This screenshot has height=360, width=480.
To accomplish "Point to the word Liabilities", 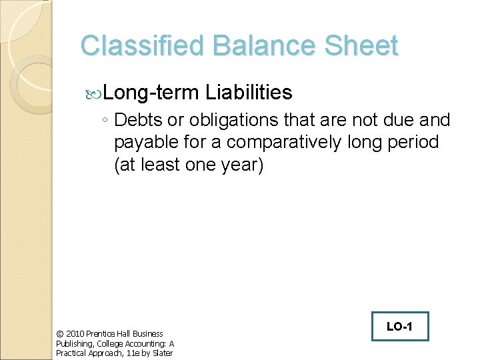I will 249,92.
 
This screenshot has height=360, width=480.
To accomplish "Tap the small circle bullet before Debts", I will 105,121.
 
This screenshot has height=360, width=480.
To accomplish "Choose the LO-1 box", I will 399,327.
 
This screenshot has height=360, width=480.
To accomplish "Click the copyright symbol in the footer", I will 59,333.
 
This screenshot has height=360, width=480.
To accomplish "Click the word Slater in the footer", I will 163,353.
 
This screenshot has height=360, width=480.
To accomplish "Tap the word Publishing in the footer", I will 73,343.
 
